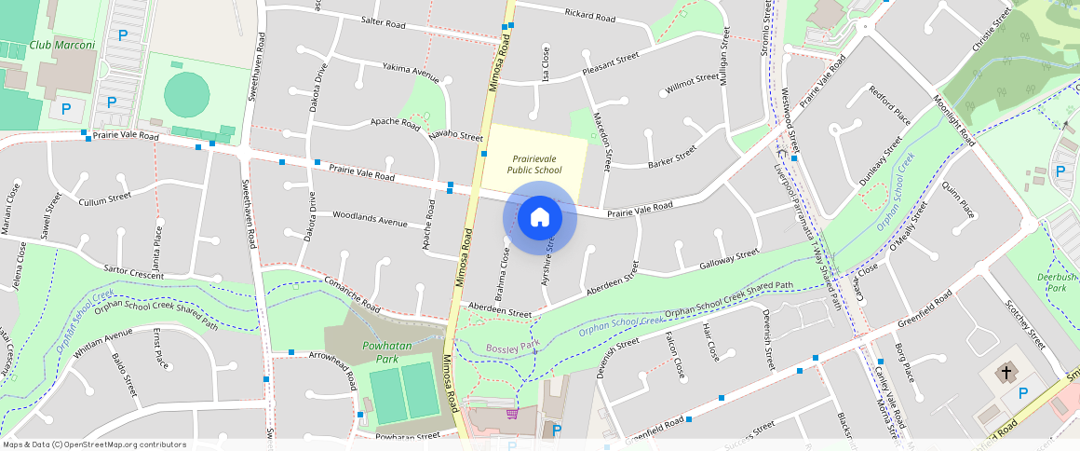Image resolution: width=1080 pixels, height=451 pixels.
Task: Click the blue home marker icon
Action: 539,218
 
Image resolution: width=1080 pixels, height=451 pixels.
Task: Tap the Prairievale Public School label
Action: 534,164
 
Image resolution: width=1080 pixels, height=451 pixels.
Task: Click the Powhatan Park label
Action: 381,352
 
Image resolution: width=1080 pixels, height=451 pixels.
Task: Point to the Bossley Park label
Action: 513,348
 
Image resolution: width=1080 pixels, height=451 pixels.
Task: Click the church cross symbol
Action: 1006,374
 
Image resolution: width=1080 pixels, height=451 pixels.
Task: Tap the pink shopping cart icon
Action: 511,413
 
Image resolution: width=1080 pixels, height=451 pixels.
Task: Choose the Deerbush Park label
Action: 1057,282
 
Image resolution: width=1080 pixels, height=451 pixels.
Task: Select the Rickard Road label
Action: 590,16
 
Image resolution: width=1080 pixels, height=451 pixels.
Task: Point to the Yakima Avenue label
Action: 411,69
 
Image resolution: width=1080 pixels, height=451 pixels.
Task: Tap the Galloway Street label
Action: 729,257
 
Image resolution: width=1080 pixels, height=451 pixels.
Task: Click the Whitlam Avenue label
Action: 103,343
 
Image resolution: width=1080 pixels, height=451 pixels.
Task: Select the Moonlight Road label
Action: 953,120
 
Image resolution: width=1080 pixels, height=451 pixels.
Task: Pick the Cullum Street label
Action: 105,198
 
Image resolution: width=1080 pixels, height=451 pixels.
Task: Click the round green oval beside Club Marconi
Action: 187,93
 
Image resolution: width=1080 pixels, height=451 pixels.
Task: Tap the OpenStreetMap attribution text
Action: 94,444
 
